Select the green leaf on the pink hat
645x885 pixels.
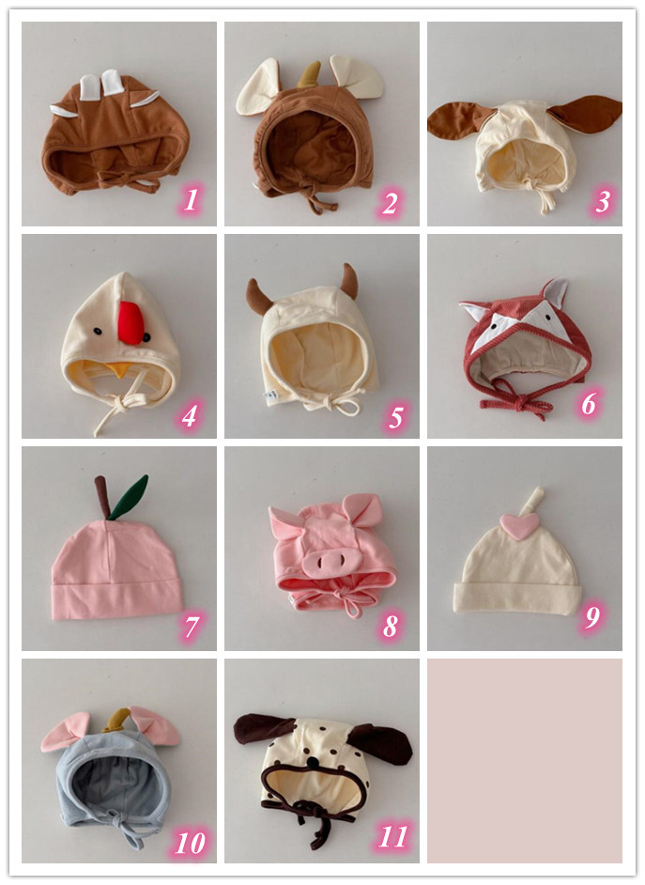[128, 497]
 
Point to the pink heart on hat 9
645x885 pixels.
[519, 525]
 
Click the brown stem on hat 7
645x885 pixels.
[102, 497]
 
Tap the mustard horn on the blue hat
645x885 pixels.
[117, 719]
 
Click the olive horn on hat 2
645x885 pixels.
[309, 75]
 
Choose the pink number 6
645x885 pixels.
[589, 404]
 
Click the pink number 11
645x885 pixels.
[392, 836]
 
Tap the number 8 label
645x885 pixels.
[391, 626]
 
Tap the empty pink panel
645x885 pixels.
[524, 760]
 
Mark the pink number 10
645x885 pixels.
[190, 844]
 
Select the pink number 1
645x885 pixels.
[192, 200]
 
